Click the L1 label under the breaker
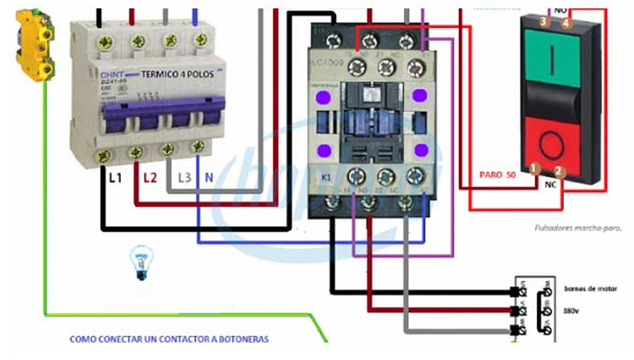[115, 177]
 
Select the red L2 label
[150, 177]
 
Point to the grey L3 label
[185, 177]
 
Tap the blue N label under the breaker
[209, 177]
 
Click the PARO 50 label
[497, 173]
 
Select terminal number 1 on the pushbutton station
[533, 169]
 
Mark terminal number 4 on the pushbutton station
[565, 23]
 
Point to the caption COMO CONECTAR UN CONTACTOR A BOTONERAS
[169, 339]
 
